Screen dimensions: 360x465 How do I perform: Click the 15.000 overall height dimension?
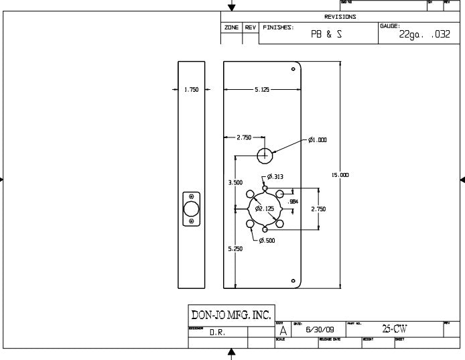coord(340,175)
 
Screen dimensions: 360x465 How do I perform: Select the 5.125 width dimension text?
coord(263,90)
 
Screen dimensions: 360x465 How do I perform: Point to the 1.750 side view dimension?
coord(191,90)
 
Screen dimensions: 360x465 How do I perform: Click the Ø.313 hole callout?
coord(275,177)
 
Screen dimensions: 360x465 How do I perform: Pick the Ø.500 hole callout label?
coord(267,240)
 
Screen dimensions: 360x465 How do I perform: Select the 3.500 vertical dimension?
coord(235,182)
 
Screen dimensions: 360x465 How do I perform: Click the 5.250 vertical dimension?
coord(235,249)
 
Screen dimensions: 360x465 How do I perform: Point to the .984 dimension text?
coord(292,201)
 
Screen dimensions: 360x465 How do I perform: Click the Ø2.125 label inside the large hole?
coord(265,208)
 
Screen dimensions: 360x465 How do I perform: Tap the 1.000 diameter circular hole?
coord(265,156)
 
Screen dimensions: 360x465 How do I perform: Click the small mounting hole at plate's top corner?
coord(293,69)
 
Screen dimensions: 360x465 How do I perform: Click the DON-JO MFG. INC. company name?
coord(231,314)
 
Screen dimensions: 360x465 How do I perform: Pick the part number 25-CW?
coord(394,329)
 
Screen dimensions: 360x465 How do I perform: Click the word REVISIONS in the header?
coord(340,17)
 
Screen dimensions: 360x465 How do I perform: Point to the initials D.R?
coord(217,332)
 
